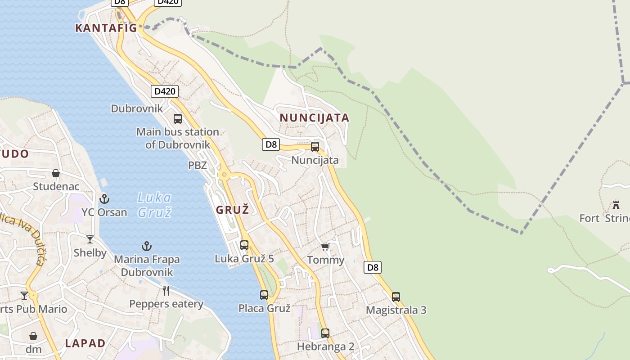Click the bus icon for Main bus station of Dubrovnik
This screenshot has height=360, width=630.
[x=178, y=119]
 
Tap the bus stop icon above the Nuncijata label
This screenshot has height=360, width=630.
[x=315, y=147]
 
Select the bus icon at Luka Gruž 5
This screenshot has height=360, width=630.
[x=244, y=245]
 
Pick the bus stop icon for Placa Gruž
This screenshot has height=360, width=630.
[x=264, y=295]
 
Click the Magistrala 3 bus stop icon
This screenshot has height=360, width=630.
[x=396, y=297]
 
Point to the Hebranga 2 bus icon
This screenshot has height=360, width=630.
[x=325, y=333]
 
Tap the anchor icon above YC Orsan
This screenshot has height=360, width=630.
[x=104, y=198]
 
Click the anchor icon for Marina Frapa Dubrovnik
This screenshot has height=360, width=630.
[x=147, y=246]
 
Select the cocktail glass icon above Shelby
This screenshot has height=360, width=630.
[x=90, y=239]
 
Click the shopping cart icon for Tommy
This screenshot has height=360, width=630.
[x=325, y=247]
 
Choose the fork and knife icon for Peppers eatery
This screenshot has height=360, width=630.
[x=166, y=291]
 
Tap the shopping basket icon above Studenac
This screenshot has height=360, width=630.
[x=56, y=173]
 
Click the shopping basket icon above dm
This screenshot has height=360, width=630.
[x=33, y=336]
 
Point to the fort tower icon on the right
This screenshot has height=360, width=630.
[x=616, y=205]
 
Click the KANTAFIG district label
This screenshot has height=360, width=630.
[x=106, y=28]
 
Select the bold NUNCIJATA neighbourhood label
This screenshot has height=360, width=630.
[x=315, y=118]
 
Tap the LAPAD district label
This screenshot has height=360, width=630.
[x=85, y=343]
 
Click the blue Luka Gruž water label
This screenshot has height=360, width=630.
[x=154, y=205]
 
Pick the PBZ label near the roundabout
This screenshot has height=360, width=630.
[x=197, y=165]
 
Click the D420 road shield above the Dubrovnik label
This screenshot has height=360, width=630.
[x=164, y=91]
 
